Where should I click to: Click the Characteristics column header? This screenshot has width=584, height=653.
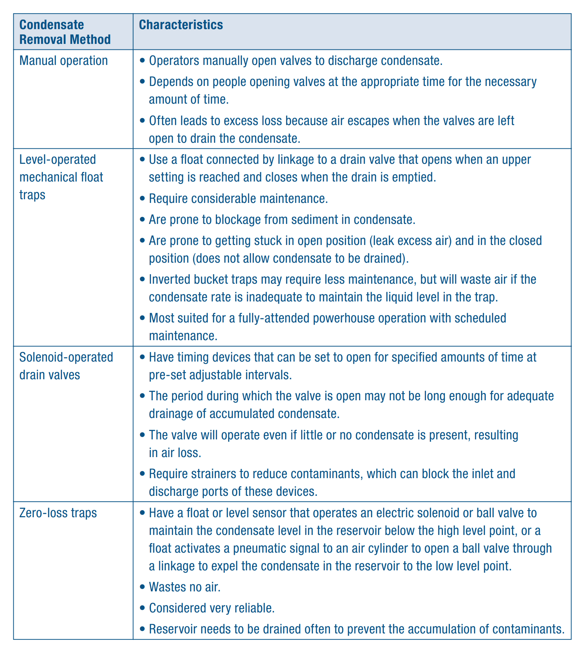coord(181,25)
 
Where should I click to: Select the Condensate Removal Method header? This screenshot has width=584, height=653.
coord(65,32)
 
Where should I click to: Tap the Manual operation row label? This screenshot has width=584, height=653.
coord(63,61)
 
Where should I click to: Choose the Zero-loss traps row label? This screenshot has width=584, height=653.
coord(58,513)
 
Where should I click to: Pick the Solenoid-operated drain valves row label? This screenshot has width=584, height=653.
coord(66,366)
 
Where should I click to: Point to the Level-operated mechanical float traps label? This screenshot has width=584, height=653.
coord(61,177)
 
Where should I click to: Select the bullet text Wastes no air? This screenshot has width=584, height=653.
coord(185,587)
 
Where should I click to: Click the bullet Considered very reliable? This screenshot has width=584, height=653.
coord(212,608)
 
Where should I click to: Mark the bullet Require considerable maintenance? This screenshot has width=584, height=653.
coord(238,198)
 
